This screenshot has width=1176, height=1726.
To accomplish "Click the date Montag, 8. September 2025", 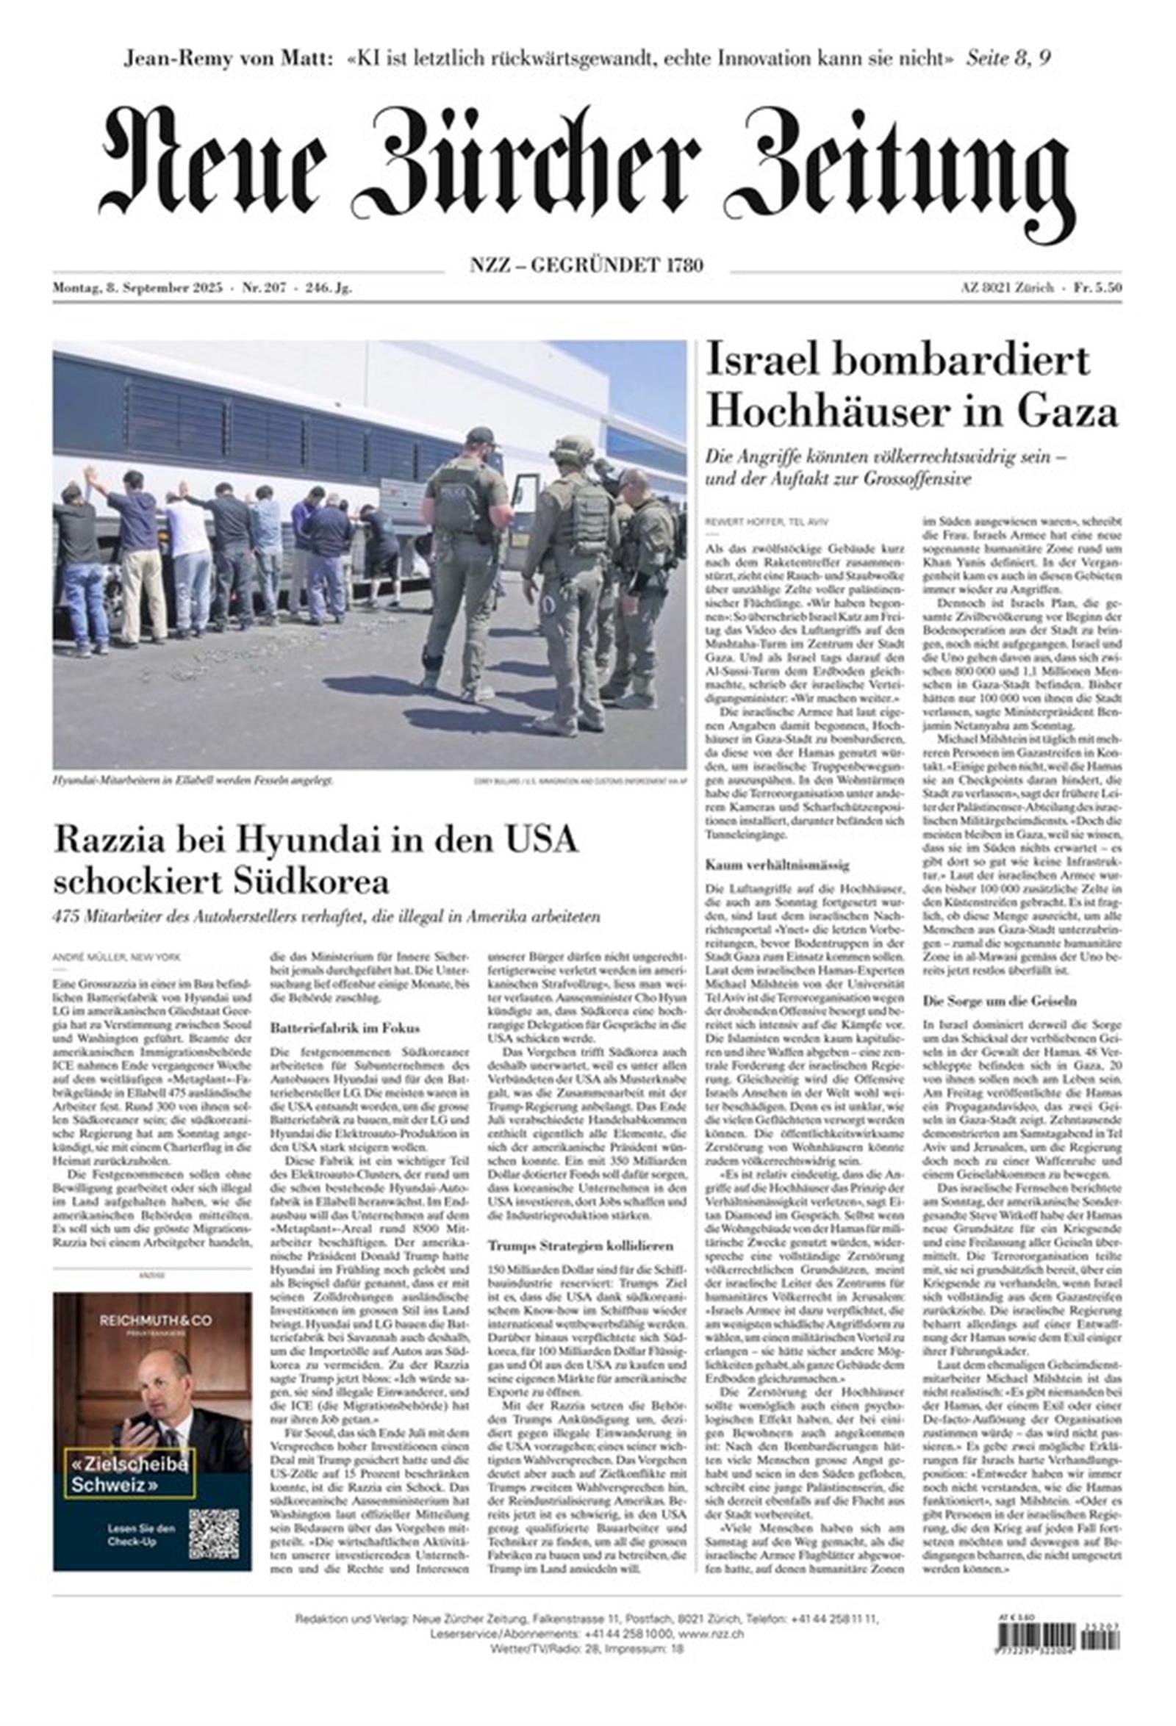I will coord(137,289).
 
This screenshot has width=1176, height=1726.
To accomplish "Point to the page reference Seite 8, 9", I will coord(1008,59).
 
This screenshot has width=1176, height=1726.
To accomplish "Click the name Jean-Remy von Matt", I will coord(227,59).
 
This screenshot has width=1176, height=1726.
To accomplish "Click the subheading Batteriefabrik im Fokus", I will coord(345,1028).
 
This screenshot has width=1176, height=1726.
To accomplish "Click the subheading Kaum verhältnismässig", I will coord(766,865).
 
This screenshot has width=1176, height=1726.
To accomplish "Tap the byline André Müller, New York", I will coord(117,957).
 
